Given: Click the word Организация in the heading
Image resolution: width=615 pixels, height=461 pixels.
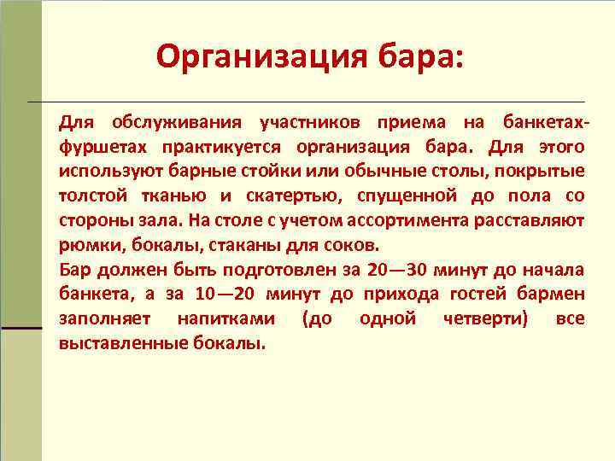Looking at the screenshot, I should click(x=261, y=57).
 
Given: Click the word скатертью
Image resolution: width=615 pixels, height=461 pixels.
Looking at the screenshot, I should click(x=280, y=195).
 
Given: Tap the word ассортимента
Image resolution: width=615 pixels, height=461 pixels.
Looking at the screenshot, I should click(x=410, y=220).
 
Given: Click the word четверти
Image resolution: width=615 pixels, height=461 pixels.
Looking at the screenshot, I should click(x=483, y=319).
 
